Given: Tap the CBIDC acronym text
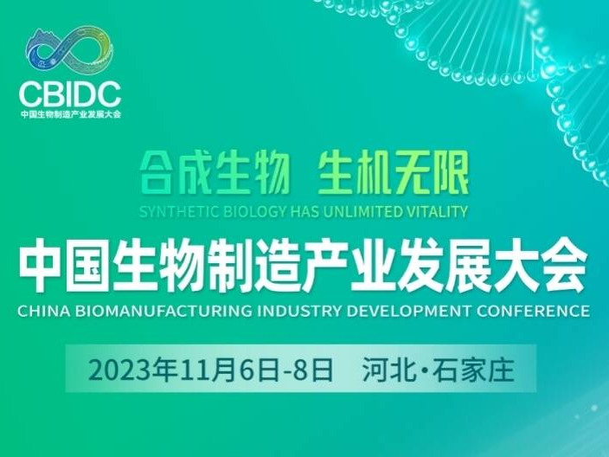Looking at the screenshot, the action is click(70, 94).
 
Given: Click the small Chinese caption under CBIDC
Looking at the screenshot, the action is click(71, 114).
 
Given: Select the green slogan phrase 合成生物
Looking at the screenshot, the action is click(215, 174).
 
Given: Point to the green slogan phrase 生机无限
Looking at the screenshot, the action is click(393, 174).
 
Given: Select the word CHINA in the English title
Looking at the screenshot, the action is click(44, 311).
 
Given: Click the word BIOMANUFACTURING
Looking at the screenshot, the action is click(163, 311).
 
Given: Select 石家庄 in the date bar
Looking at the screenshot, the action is click(473, 370).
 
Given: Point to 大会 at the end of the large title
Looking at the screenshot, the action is click(541, 266).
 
